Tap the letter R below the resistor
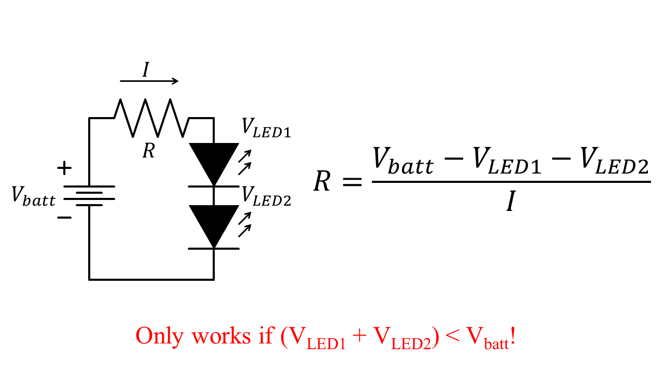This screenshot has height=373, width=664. pyautogui.click(x=148, y=151)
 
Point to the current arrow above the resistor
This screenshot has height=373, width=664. pyautogui.click(x=149, y=81)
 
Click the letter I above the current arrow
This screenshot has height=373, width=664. pyautogui.click(x=146, y=69)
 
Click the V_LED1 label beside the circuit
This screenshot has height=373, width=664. pyautogui.click(x=266, y=128)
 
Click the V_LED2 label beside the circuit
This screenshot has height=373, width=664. pyautogui.click(x=266, y=196)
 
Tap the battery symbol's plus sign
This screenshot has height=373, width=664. pyautogui.click(x=64, y=168)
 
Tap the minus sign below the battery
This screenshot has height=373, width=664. pyautogui.click(x=64, y=218)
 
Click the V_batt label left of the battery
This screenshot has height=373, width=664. pyautogui.click(x=34, y=197)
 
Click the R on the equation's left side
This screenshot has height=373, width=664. pyautogui.click(x=322, y=181)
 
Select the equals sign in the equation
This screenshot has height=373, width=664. pyautogui.click(x=351, y=182)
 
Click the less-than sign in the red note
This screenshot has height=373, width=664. pyautogui.click(x=452, y=337)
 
